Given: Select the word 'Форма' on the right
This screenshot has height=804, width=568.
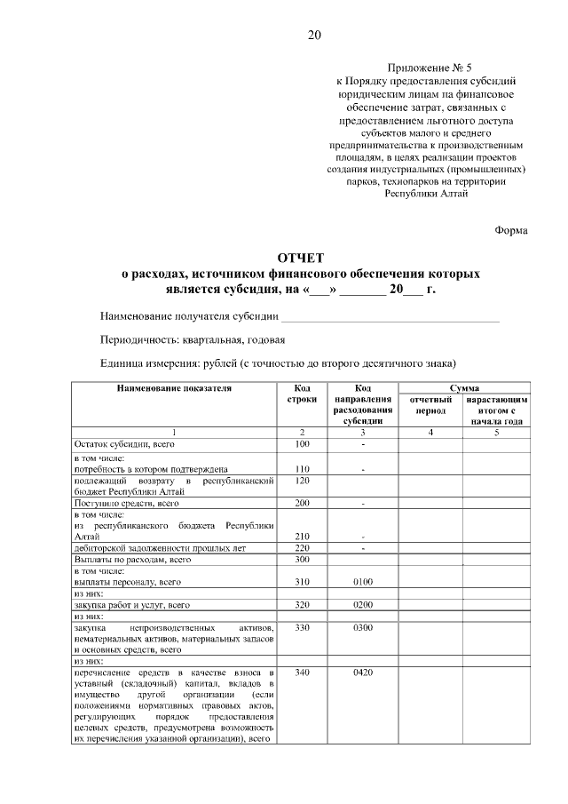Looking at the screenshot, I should (x=511, y=230).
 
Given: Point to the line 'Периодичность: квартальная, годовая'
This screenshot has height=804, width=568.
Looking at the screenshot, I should (x=193, y=339).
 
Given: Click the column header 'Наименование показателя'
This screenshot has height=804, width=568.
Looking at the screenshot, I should (x=174, y=388).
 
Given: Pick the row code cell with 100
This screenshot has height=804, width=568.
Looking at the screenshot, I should (x=302, y=443).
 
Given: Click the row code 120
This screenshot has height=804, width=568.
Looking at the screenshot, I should (x=302, y=480).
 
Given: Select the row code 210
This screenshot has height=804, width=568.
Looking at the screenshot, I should (x=302, y=537).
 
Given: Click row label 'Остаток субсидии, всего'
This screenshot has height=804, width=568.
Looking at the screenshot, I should (x=125, y=443).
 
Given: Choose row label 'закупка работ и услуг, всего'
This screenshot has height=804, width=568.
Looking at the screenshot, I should (x=132, y=605).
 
